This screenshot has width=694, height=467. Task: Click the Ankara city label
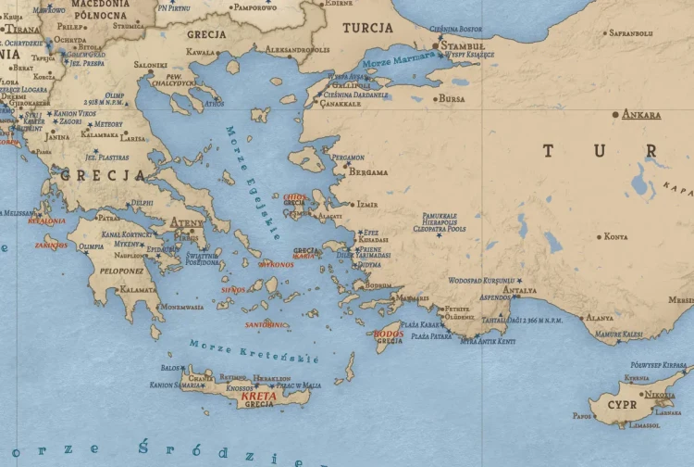point(642,115)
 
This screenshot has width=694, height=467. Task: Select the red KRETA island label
point(258,396)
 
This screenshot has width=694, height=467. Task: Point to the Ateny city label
point(188,222)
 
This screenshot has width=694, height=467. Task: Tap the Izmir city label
point(366,204)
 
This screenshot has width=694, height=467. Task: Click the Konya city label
point(615,236)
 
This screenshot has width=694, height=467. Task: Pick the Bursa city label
point(452,98)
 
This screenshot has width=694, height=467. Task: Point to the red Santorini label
point(266,325)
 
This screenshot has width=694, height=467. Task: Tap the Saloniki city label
point(151,65)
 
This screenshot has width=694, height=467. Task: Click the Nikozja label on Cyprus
point(660,395)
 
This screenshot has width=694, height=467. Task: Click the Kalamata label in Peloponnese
point(138,289)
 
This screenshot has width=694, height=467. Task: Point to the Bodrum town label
point(379,285)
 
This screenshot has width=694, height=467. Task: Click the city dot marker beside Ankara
point(615,114)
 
